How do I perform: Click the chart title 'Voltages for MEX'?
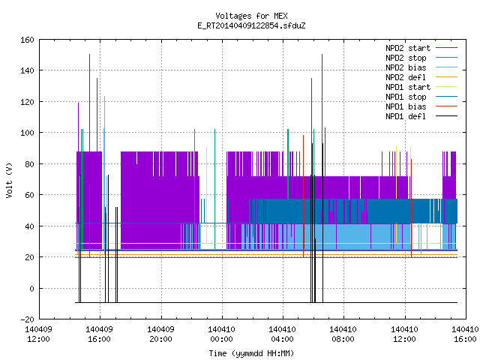pyautogui.click(x=251, y=16)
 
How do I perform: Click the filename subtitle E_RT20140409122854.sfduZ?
pyautogui.click(x=251, y=25)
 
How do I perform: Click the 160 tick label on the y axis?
pyautogui.click(x=27, y=40)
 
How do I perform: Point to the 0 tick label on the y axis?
pyautogui.click(x=31, y=289)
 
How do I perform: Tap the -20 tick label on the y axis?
pyautogui.click(x=27, y=319)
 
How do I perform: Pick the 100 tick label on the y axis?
pyautogui.click(x=27, y=133)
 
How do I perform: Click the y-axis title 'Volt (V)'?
pyautogui.click(x=9, y=181)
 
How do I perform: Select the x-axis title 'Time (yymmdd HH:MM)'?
pyautogui.click(x=251, y=353)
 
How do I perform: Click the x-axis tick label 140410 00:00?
pyautogui.click(x=222, y=334)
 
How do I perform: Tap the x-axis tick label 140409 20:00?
pyautogui.click(x=161, y=334)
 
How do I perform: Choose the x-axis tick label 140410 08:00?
pyautogui.click(x=343, y=334)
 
